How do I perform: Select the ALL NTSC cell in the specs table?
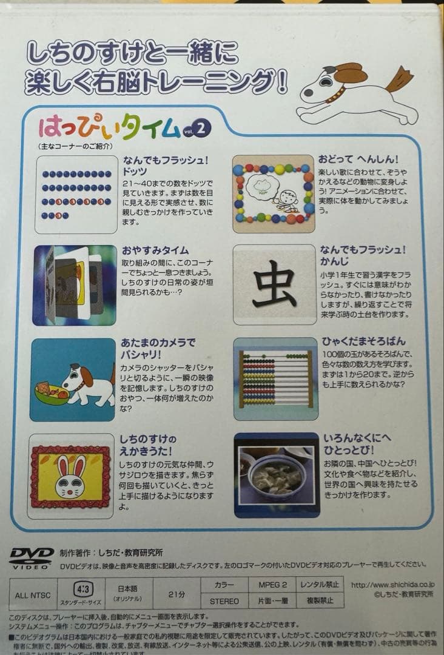(33, 594)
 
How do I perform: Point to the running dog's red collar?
(335, 94)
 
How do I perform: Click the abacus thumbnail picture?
(275, 380)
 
